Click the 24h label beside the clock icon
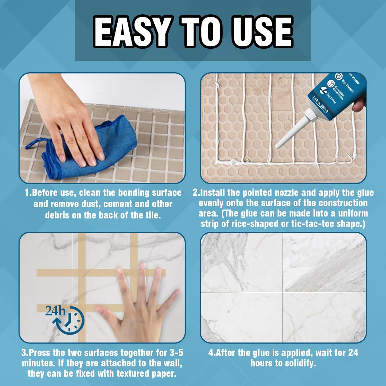tap(55, 311)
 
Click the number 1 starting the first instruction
tap(27, 193)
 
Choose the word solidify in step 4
tap(300, 363)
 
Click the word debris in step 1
tap(57, 215)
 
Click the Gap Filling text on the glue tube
tap(331, 98)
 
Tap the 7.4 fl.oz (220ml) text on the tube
tap(320, 104)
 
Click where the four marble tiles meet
tap(283, 292)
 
